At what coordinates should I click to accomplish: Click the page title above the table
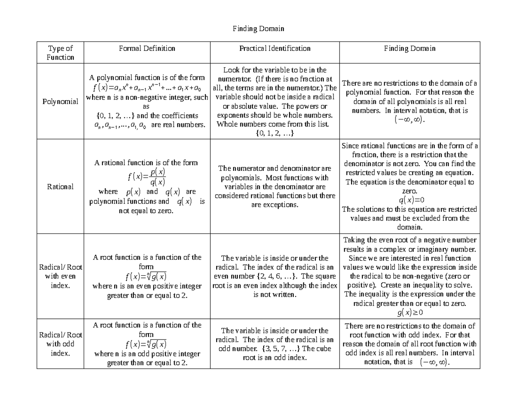[258, 29]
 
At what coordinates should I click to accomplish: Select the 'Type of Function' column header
[60, 53]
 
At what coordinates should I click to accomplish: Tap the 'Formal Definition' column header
[147, 48]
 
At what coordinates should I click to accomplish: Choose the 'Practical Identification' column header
[275, 48]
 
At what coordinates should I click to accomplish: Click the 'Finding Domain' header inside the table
[409, 48]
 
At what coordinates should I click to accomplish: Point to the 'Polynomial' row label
[60, 102]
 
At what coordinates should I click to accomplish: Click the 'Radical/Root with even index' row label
[60, 276]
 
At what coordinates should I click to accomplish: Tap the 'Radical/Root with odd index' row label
[60, 344]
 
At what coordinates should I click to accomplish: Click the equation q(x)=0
[409, 200]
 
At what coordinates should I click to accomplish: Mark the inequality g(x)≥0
[409, 313]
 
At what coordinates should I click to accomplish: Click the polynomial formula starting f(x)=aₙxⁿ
[147, 88]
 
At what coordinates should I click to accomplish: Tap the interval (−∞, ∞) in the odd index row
[434, 362]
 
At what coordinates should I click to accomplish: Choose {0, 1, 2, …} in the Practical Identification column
[274, 134]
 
